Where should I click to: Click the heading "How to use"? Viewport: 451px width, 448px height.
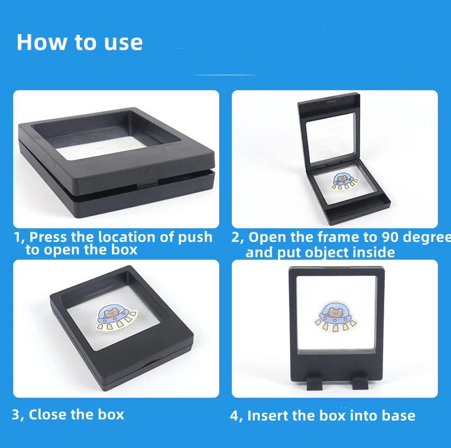click(x=80, y=42)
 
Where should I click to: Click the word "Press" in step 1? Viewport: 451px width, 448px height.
click(x=49, y=237)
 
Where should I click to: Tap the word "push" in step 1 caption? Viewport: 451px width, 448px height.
click(x=195, y=237)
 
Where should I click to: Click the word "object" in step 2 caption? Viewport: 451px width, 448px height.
click(x=327, y=253)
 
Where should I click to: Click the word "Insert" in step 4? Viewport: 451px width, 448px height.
click(x=265, y=416)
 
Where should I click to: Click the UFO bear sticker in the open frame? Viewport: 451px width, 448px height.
click(x=345, y=181)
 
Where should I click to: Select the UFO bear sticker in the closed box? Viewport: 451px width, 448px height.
click(x=116, y=317)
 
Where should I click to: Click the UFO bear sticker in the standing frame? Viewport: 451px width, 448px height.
click(x=335, y=316)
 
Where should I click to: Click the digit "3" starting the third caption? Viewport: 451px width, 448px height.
click(x=15, y=415)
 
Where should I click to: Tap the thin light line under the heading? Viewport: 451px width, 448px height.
click(x=225, y=75)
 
